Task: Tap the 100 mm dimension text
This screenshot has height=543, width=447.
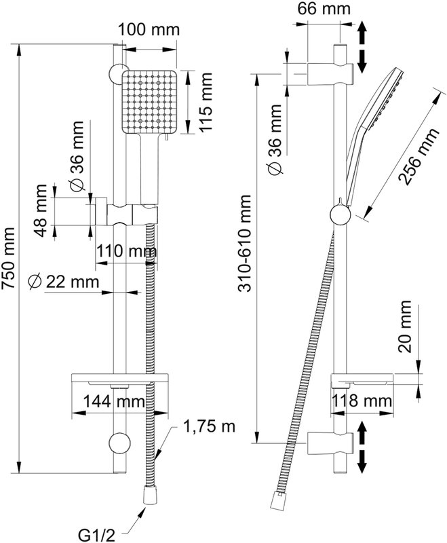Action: [x=149, y=30]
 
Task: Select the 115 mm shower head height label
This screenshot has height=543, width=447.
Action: [x=205, y=102]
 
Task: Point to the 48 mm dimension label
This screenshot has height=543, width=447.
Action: [x=41, y=210]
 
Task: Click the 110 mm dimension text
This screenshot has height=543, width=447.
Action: [x=126, y=250]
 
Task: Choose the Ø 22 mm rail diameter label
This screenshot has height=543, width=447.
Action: [x=64, y=282]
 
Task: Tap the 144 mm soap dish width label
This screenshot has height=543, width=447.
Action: [x=114, y=401]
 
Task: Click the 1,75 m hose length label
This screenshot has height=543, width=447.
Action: [x=209, y=427]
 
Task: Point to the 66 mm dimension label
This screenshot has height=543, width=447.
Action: [x=324, y=9]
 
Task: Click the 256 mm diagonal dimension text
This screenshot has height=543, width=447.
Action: [x=418, y=156]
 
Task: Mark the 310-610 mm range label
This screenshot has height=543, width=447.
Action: [x=245, y=244]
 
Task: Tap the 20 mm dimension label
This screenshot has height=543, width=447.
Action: [x=404, y=326]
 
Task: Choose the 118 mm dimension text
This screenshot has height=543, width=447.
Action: [x=362, y=401]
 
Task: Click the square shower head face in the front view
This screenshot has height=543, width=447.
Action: [x=149, y=102]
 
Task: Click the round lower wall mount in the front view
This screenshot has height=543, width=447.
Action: [x=119, y=443]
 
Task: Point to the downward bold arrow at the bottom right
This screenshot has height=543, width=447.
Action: [x=362, y=462]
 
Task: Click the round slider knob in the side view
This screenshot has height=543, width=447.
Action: [x=341, y=214]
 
